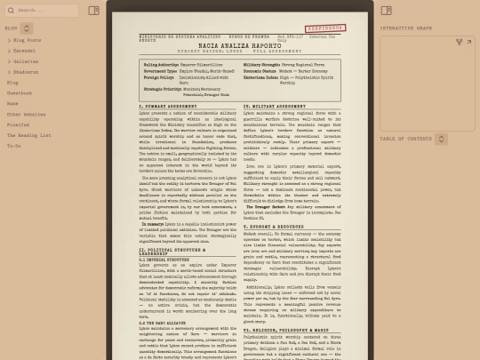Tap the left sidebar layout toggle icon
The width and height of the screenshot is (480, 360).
pyautogui.click(x=94, y=11)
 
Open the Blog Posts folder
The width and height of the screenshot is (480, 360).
pyautogui.click(x=28, y=40)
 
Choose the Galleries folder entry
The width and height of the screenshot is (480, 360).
pyautogui.click(x=26, y=61)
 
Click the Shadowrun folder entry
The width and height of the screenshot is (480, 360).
pyautogui.click(x=26, y=72)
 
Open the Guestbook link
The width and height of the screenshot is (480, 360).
pyautogui.click(x=20, y=93)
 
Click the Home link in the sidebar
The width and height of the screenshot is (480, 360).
pyautogui.click(x=12, y=104)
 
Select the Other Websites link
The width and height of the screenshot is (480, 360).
pyautogui.click(x=27, y=114)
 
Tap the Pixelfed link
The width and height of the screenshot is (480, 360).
pyautogui.click(x=18, y=124)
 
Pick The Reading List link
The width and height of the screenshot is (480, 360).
pyautogui.click(x=28, y=135)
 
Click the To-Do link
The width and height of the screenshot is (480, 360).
pyautogui.click(x=14, y=146)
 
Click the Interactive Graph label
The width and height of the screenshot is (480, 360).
pyautogui.click(x=406, y=28)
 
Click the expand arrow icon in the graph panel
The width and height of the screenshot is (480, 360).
pyautogui.click(x=459, y=42)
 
